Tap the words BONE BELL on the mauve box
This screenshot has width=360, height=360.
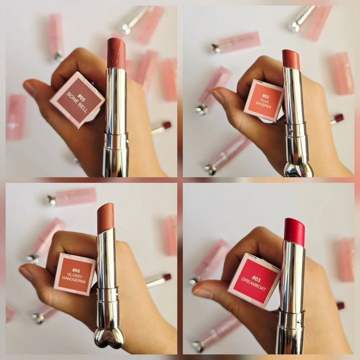click(x=77, y=103)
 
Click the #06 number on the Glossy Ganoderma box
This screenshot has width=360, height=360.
click(x=76, y=270)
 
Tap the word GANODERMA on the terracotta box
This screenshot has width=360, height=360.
click(x=74, y=281)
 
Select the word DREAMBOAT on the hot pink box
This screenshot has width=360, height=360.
click(x=253, y=284)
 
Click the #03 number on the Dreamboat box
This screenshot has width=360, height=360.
click(x=256, y=278)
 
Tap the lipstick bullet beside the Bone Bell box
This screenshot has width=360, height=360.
click(x=117, y=53)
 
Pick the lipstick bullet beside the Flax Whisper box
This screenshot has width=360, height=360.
click(x=291, y=59)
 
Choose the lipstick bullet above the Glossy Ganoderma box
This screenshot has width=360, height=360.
click(x=106, y=218)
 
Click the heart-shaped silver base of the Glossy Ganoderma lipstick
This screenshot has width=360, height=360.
click(x=109, y=339)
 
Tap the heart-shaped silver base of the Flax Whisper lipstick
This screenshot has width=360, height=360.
click(x=299, y=169)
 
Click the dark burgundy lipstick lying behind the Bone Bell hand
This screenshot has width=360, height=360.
click(x=161, y=128)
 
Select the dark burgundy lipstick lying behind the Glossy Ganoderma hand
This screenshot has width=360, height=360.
click(x=158, y=280)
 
